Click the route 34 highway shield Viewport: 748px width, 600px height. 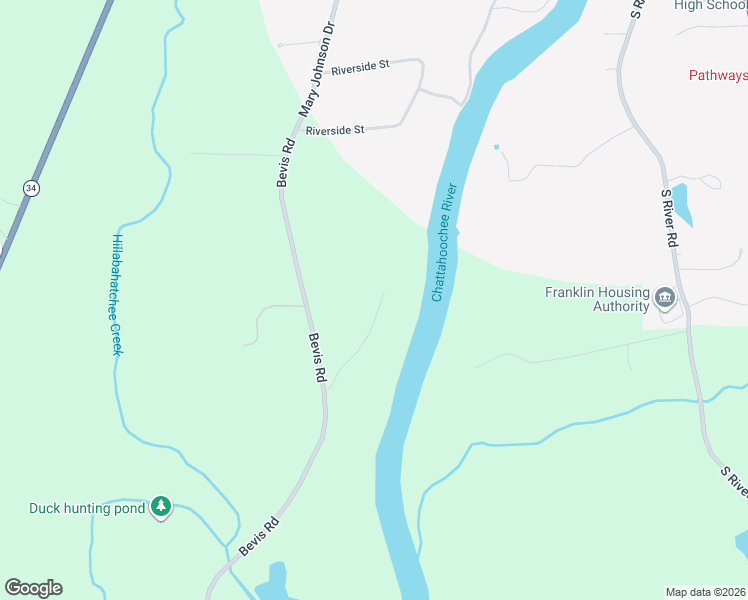click(32, 188)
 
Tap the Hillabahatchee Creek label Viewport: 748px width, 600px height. click(116, 295)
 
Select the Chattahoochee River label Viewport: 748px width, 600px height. click(445, 242)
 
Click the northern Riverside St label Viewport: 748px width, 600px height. click(360, 66)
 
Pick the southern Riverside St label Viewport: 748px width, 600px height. click(335, 130)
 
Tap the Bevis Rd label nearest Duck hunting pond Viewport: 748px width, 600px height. click(258, 537)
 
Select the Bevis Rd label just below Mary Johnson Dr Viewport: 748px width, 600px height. click(286, 161)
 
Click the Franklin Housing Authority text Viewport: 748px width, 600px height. click(597, 299)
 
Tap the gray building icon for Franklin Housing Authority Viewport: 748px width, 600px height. click(665, 298)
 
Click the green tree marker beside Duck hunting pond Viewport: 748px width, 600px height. click(161, 508)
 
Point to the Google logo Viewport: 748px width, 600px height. click(33, 588)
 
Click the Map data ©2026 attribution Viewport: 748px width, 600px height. click(705, 592)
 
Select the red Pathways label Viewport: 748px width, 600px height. click(718, 75)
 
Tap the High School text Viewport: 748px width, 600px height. click(711, 5)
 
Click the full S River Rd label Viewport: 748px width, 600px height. click(670, 219)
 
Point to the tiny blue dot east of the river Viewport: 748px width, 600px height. click(496, 147)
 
